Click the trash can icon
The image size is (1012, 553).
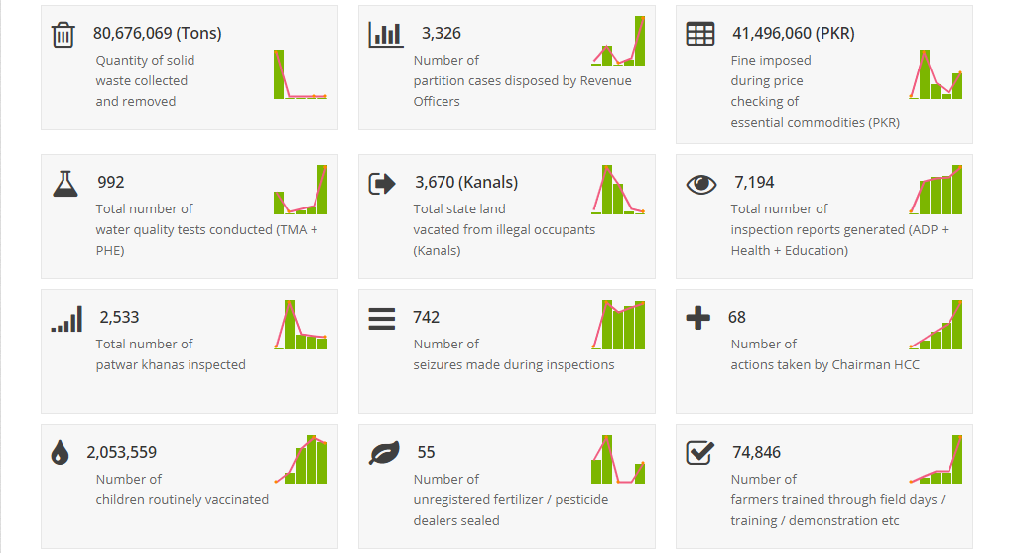[63, 35]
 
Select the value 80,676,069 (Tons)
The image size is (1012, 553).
[157, 33]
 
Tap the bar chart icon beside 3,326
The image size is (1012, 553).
[385, 35]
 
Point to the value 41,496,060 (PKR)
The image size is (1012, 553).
[793, 33]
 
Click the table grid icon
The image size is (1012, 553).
[699, 34]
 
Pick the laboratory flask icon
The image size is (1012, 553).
[64, 183]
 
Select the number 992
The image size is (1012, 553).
[110, 182]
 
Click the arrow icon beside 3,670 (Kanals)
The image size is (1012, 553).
[382, 183]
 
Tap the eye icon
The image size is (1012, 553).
[700, 183]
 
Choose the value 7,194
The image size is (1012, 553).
[754, 182]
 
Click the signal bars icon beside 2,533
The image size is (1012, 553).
[66, 318]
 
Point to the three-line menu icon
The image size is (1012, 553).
[382, 318]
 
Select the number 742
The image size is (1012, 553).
[426, 317]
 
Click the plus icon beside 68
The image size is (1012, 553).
[698, 318]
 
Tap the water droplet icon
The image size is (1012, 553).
[61, 453]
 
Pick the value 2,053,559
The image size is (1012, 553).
[121, 452]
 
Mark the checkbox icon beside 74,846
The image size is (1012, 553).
[699, 453]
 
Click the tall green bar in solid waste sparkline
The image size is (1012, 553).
[279, 74]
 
